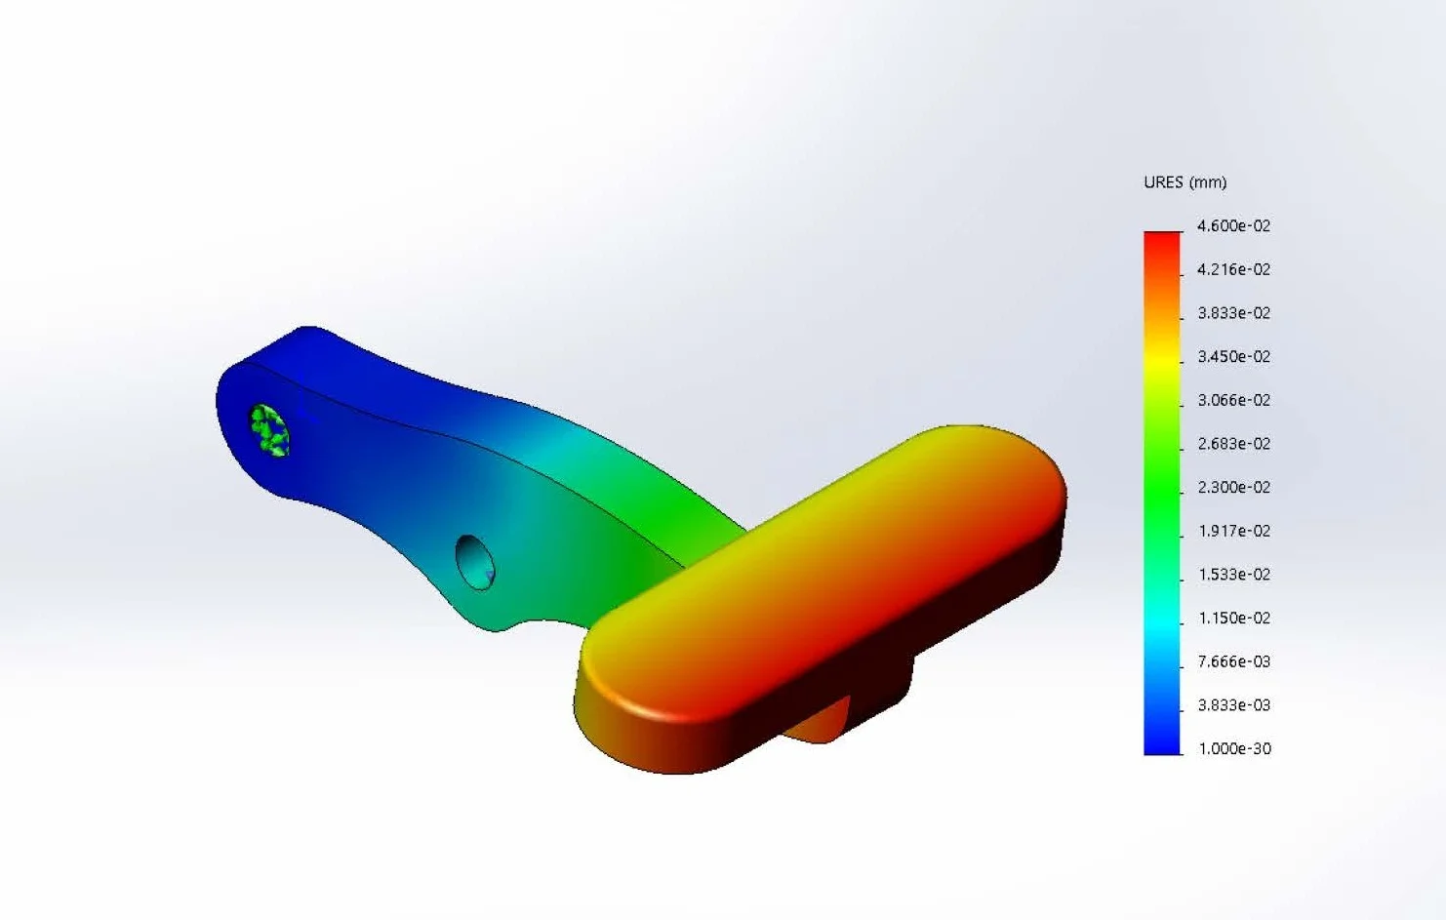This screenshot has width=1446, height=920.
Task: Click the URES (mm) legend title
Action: (x=1185, y=182)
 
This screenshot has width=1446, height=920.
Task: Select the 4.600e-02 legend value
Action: (x=1233, y=226)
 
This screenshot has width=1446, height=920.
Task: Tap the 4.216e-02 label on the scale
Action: (x=1233, y=269)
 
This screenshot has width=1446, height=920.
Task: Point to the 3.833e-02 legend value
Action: (x=1233, y=313)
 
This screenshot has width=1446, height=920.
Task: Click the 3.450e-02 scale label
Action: (x=1233, y=357)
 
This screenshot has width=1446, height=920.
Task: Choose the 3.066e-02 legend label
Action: (x=1233, y=400)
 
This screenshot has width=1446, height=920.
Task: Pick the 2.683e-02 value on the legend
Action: (x=1233, y=444)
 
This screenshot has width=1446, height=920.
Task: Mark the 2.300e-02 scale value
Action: (x=1233, y=487)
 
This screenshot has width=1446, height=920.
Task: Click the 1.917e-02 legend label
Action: (x=1233, y=531)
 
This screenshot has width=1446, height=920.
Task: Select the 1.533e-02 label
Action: (x=1233, y=575)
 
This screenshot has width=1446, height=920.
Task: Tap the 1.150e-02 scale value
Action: (x=1233, y=618)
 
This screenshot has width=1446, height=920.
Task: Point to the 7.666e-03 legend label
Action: (x=1233, y=661)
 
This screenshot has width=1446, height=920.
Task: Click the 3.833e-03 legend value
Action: (x=1233, y=704)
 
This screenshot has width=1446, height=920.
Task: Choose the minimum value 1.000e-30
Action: (x=1233, y=748)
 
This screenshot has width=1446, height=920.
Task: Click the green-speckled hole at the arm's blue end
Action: (x=268, y=430)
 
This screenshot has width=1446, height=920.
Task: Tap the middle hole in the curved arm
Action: (x=475, y=562)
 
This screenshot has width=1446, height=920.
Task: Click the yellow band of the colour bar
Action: (x=1162, y=357)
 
